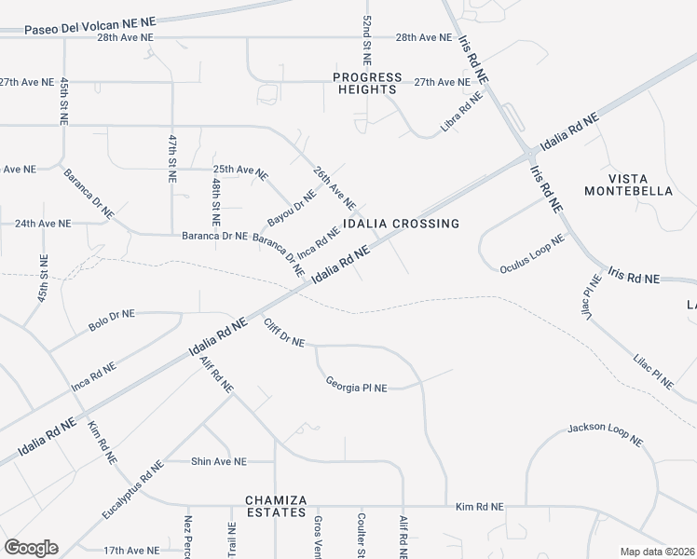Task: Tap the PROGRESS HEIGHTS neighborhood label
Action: coord(368,84)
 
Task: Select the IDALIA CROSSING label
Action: coord(401,224)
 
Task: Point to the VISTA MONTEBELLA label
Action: coord(628,184)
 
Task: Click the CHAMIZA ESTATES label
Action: coord(276,506)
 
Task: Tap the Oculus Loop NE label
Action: coord(533,253)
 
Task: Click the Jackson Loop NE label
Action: coord(606,434)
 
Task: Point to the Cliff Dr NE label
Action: coord(284,333)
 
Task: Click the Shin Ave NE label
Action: coord(218,461)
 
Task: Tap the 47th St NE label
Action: coord(172,157)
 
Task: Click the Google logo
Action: coord(31,548)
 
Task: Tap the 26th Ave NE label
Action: coord(335,188)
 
